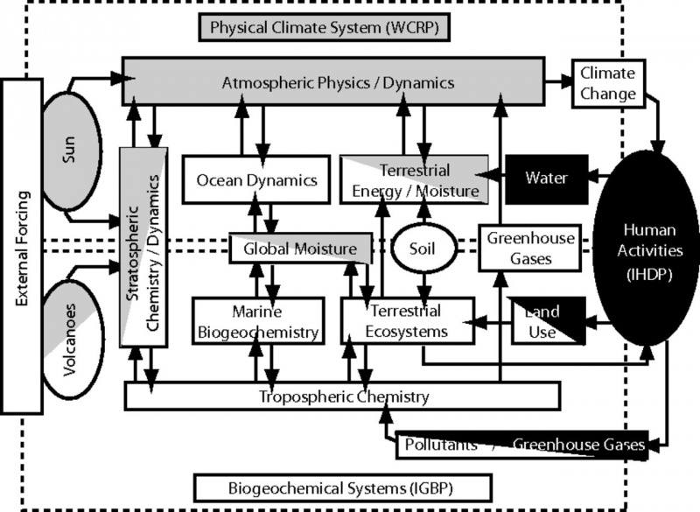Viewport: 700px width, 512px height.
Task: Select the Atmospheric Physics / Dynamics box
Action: pos(338,83)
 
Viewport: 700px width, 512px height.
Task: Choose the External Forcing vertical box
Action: pos(21,245)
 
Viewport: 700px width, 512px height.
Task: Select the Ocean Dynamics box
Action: pos(255,179)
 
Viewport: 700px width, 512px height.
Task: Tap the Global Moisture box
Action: pos(293,249)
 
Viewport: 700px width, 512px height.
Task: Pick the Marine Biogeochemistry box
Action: pos(255,320)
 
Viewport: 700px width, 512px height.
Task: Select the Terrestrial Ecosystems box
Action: pos(407,320)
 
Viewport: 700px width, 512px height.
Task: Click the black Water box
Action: pos(546,178)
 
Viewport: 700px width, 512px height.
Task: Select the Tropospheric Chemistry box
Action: pos(343,396)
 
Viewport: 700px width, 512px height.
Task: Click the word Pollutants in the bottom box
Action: pos(442,445)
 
